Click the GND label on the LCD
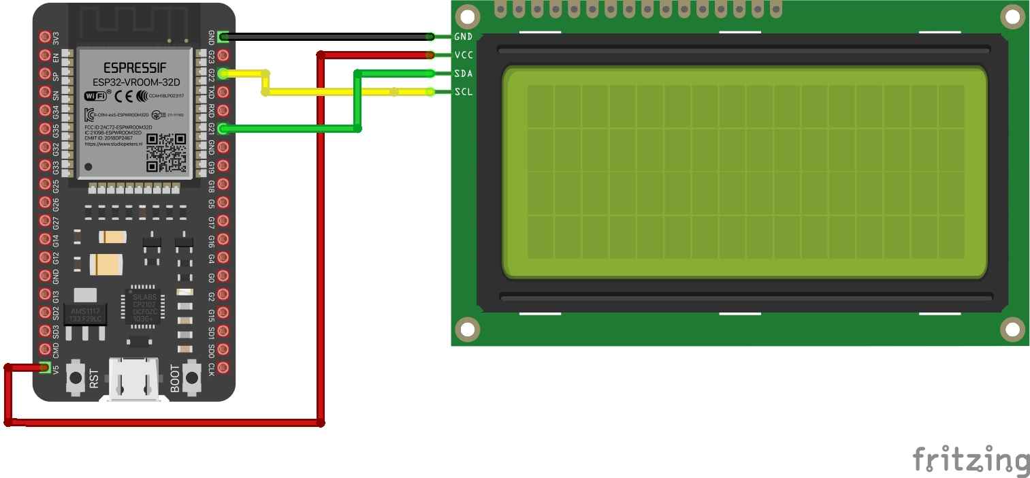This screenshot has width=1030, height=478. (463, 36)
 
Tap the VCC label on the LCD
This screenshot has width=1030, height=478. (463, 54)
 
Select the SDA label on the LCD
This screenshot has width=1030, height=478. (463, 73)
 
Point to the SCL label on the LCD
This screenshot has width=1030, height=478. (463, 91)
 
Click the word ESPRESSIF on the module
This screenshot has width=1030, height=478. (132, 68)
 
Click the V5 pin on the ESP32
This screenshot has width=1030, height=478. (45, 368)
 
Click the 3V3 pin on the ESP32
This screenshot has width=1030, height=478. (45, 37)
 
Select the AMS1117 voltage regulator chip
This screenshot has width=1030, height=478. (86, 315)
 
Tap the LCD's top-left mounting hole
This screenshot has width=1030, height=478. (467, 16)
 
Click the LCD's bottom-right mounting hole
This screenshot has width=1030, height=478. (1012, 330)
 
